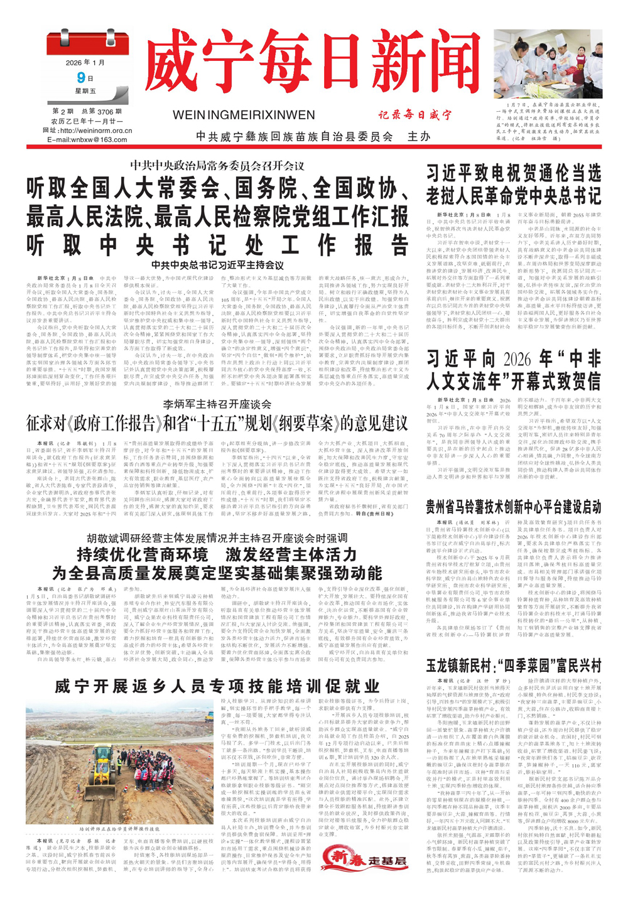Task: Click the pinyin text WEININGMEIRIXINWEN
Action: click(x=243, y=115)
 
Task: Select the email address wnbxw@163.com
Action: click(x=87, y=139)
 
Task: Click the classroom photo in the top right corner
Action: click(x=548, y=63)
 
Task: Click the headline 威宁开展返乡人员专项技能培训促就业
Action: click(x=217, y=685)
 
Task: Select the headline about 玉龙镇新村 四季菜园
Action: click(x=513, y=665)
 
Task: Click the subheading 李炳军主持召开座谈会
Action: click(x=217, y=404)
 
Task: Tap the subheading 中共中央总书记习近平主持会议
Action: click(x=217, y=265)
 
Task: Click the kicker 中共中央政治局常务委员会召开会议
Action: click(x=217, y=166)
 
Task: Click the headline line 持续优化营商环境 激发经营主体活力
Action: click(x=217, y=554)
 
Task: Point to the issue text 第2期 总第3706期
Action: click(x=87, y=111)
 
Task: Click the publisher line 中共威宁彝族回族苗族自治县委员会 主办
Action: click(x=313, y=136)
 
